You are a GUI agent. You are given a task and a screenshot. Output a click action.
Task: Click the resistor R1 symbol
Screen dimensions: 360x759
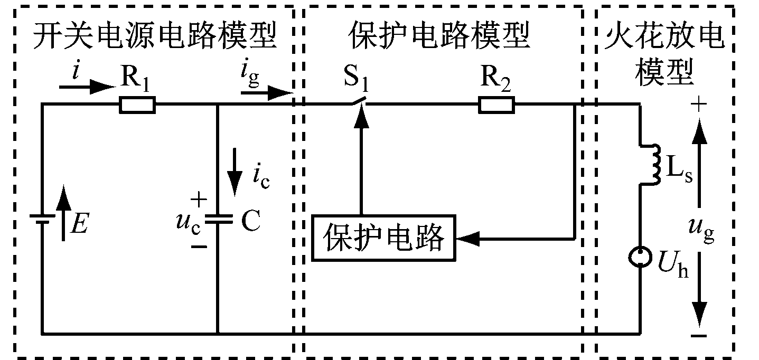click(137, 105)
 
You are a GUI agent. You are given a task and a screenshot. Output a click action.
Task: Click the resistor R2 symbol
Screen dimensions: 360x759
click(496, 105)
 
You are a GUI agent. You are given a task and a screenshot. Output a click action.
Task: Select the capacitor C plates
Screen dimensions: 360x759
click(218, 219)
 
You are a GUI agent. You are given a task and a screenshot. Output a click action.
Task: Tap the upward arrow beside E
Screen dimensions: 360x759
click(63, 211)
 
